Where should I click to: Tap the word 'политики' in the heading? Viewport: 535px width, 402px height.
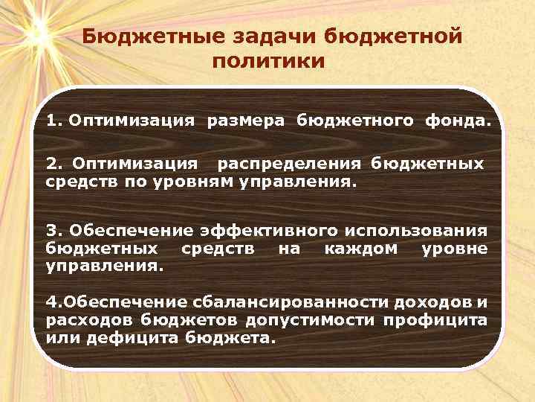click(x=268, y=61)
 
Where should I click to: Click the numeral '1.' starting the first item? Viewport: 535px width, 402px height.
click(x=54, y=120)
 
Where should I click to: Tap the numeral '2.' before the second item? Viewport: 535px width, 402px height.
click(x=54, y=163)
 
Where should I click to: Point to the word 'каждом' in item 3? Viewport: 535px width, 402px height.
click(x=361, y=248)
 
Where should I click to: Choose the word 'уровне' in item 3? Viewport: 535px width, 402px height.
click(x=454, y=248)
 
